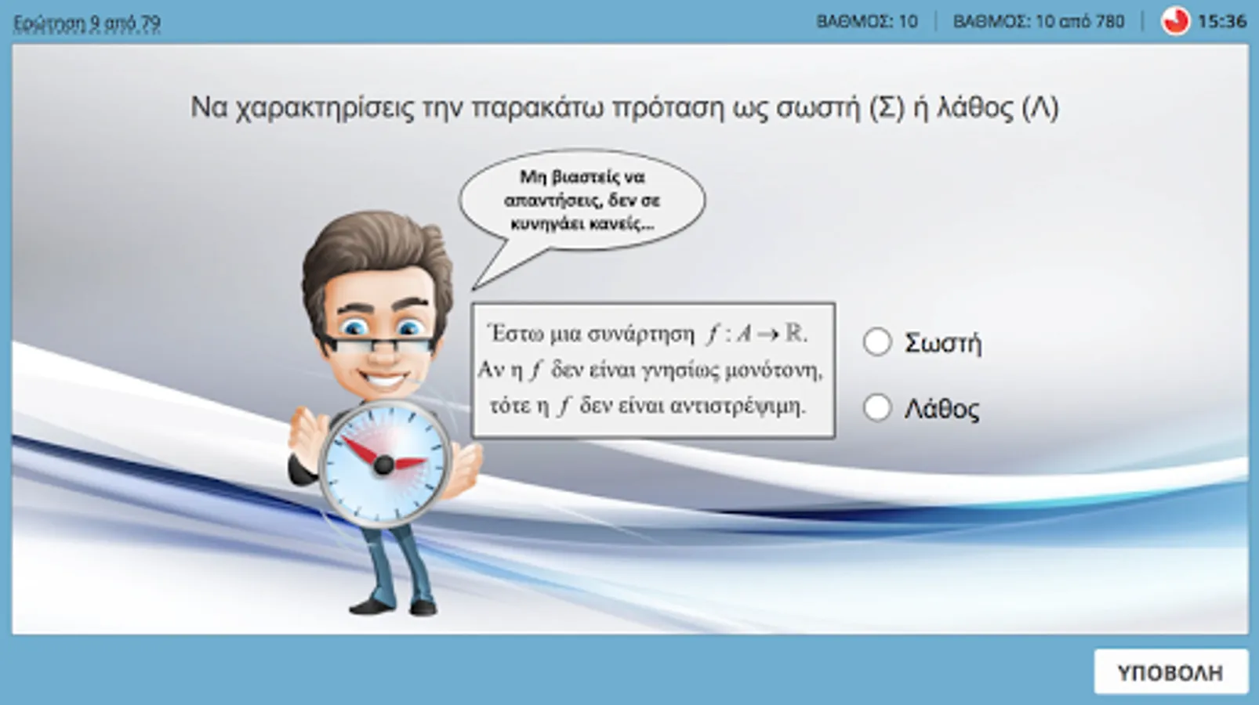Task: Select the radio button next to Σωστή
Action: (x=876, y=342)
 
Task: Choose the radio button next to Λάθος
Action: (x=876, y=407)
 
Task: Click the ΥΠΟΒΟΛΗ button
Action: (x=1170, y=672)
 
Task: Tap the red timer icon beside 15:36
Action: (x=1175, y=21)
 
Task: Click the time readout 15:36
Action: (x=1222, y=21)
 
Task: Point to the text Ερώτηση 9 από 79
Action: (x=87, y=23)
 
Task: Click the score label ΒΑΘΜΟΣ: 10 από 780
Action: (x=1039, y=21)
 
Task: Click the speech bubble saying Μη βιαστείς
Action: (x=582, y=201)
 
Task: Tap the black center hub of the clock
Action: (x=384, y=465)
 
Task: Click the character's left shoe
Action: (x=371, y=606)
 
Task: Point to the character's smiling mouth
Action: (x=384, y=382)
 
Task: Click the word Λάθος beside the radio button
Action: (x=942, y=409)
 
